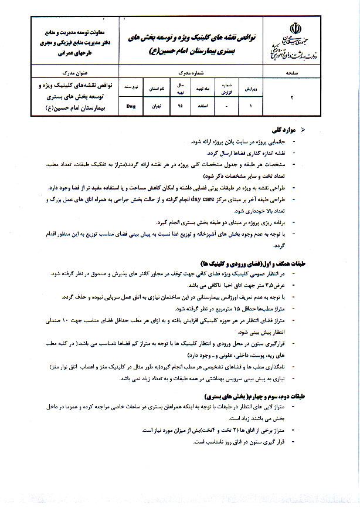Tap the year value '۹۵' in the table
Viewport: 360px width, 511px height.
(181, 107)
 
